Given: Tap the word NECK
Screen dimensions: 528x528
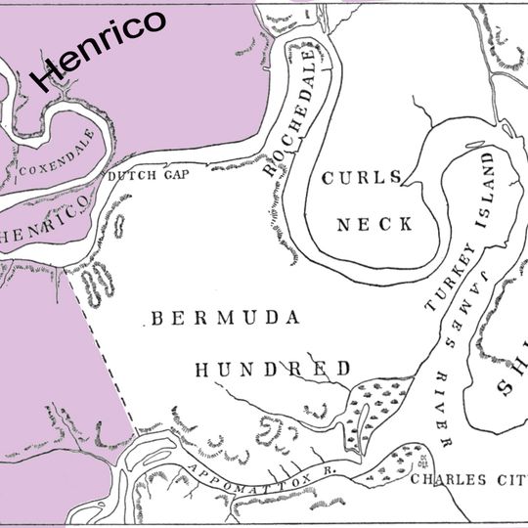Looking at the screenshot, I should coord(374,224).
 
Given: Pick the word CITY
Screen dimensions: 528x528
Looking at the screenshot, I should coord(506,479).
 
